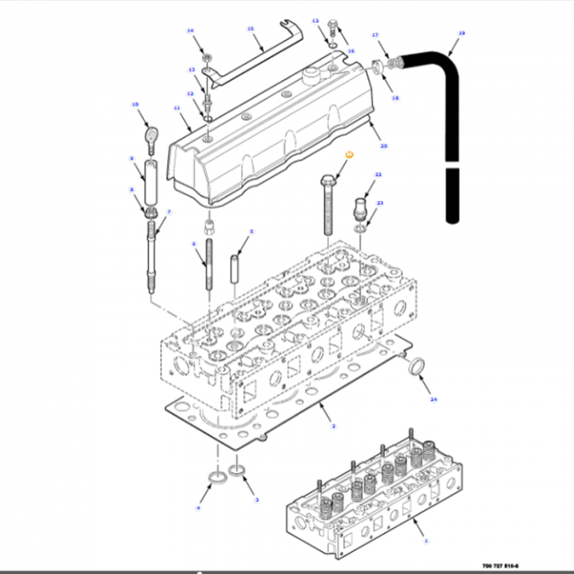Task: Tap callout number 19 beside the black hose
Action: coord(461,34)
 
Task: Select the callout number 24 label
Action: coord(434,399)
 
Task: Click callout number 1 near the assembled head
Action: coord(426,542)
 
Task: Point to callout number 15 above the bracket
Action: coord(251,29)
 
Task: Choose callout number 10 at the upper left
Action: coord(134,104)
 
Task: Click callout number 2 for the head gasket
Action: coord(333,426)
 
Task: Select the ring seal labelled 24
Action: coord(417,367)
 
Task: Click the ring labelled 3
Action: coord(239,471)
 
